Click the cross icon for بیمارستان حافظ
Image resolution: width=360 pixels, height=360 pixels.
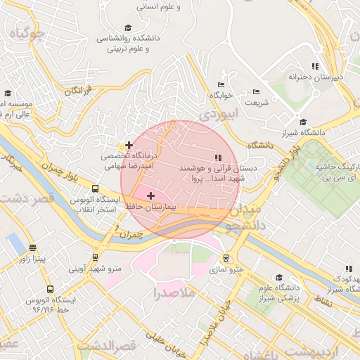[150, 195]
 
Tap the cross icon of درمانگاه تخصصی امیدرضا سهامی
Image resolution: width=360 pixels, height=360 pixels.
[129, 145]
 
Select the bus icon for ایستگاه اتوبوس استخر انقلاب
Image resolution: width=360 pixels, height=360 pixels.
[95, 188]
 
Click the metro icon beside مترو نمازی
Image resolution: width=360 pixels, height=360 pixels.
[226, 258]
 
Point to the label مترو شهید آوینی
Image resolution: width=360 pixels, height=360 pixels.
[95, 269]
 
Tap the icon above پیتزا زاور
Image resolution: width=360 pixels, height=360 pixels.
[32, 247]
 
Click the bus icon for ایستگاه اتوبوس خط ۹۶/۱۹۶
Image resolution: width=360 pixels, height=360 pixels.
[49, 289]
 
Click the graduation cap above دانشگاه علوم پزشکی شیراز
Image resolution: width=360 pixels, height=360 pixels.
[278, 277]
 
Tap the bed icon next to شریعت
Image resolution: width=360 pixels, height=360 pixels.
[256, 91]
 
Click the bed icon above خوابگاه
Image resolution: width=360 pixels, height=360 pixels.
[221, 83]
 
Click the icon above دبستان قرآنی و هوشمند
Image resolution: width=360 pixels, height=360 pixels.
[218, 157]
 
